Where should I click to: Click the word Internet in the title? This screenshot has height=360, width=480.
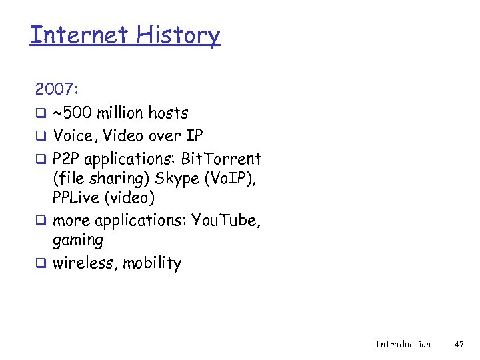tap(79, 34)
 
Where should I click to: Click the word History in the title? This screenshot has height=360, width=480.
tap(178, 34)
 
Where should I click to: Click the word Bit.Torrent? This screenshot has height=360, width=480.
tap(221, 159)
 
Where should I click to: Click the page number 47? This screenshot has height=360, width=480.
tap(459, 344)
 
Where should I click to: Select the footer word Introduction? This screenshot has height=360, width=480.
tap(403, 344)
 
